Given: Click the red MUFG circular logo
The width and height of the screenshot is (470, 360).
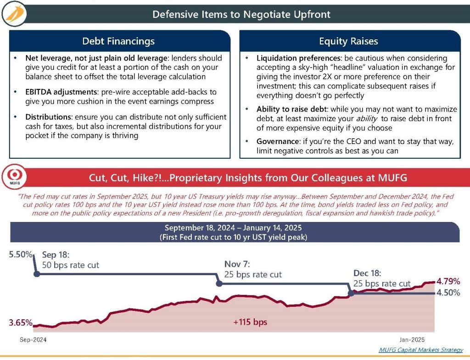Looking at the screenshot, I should (x=17, y=177).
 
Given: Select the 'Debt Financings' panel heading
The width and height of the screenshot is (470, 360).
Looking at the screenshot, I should (x=118, y=41).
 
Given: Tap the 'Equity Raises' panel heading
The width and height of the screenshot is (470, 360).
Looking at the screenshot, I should (x=348, y=41).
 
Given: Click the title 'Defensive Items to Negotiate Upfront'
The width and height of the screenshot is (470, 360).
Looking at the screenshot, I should (x=241, y=14).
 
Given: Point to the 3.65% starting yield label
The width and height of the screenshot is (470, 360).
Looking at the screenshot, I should (x=20, y=323).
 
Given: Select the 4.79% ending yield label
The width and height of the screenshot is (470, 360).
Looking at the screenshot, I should (x=448, y=281).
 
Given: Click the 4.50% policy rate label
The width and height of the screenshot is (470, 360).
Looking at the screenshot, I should (x=448, y=293).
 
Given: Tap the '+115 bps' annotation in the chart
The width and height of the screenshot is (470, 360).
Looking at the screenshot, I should (x=250, y=322).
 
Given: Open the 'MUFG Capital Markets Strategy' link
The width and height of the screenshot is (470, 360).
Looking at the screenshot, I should (x=420, y=349).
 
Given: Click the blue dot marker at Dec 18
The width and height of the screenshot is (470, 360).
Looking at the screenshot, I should (x=352, y=293).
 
